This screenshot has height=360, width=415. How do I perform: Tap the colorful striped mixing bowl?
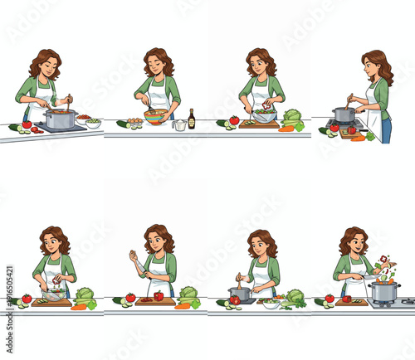[155, 115]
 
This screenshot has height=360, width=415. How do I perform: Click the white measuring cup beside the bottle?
[179, 124]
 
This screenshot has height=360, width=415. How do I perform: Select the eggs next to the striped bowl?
[134, 121]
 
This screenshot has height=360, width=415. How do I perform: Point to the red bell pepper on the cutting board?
[159, 296]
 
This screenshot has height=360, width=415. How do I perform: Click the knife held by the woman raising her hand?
[130, 254]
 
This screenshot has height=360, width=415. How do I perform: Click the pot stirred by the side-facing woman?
[344, 114]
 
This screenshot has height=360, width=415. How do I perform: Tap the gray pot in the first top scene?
[60, 119]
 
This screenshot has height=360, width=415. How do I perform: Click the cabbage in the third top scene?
[292, 116]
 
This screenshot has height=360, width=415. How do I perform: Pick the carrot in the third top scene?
[286, 129]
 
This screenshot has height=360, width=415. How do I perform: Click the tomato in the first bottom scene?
[27, 299]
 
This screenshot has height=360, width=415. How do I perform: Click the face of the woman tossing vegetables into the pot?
[355, 244]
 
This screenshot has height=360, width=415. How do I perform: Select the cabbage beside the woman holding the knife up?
[188, 294]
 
